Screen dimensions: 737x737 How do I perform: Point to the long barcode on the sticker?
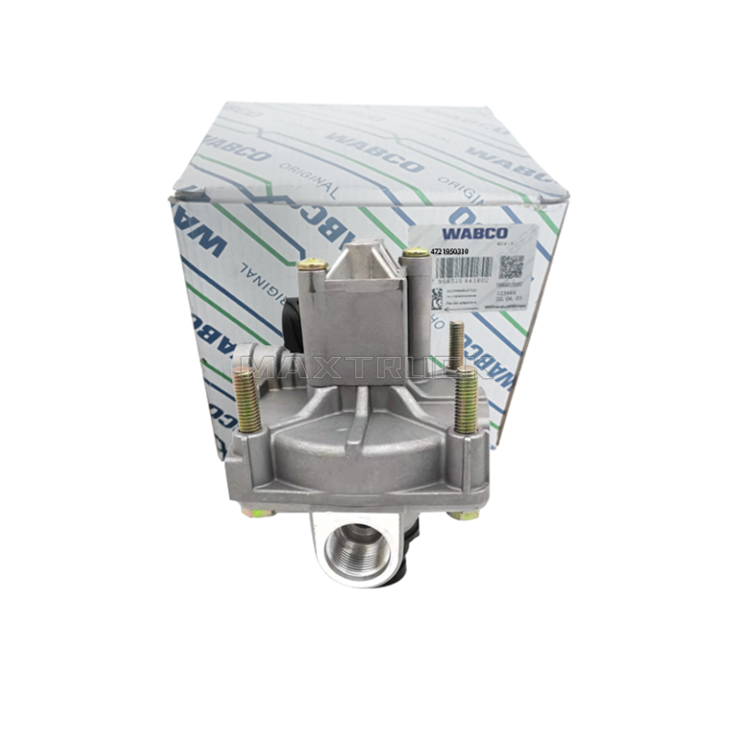(464, 268)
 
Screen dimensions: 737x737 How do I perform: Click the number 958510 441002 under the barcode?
(464, 281)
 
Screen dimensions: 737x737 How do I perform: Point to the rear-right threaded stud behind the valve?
(456, 345)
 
